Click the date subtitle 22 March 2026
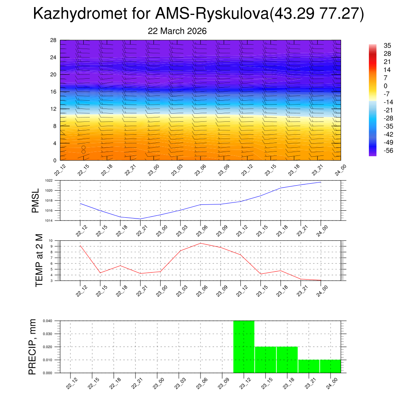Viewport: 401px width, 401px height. [177, 31]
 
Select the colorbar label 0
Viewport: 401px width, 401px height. [374, 86]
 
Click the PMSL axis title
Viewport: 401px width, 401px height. [35, 201]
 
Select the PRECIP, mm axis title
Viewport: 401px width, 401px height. [32, 347]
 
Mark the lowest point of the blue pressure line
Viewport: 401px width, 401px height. [140, 219]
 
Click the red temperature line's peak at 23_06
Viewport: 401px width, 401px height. [200, 243]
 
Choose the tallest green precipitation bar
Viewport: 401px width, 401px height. [244, 347]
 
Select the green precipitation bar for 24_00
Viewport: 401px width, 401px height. [330, 366]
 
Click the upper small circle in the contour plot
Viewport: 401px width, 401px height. [83, 148]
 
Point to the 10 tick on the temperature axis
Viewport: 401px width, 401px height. [51, 240]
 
